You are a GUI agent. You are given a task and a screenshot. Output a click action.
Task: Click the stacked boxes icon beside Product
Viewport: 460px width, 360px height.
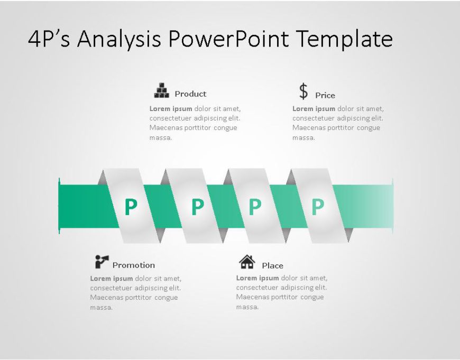(161, 90)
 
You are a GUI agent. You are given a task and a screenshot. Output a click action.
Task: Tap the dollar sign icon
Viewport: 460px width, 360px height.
(303, 91)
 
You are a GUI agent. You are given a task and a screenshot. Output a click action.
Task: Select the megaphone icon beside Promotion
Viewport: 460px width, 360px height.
(102, 261)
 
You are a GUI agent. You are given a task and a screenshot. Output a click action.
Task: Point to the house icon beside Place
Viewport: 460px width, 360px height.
(247, 262)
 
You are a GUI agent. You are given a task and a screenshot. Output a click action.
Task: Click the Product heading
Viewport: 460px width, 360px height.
(190, 94)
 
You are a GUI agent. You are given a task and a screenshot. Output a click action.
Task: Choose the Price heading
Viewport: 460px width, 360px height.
(325, 96)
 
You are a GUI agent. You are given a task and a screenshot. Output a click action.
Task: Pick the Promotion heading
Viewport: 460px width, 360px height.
(134, 265)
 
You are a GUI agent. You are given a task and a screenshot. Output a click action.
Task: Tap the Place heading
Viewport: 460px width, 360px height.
(272, 266)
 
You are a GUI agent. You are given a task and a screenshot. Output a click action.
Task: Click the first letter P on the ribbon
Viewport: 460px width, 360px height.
(131, 207)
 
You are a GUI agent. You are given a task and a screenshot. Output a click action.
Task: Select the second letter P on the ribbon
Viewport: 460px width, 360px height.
(197, 207)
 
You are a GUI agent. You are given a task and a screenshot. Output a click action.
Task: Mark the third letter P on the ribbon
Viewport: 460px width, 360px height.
(255, 207)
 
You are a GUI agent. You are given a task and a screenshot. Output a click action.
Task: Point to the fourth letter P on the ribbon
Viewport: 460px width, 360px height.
(317, 207)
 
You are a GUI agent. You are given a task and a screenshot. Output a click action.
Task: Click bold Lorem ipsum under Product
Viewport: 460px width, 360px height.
(171, 109)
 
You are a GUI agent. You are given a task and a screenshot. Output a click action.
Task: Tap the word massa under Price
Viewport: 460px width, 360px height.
(303, 138)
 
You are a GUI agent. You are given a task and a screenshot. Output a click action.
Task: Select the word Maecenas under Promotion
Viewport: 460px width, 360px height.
(108, 298)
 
